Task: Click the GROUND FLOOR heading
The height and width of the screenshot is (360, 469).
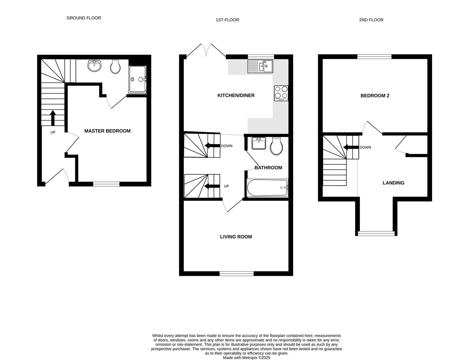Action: point(84,18)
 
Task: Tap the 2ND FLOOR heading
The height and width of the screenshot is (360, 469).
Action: point(371,20)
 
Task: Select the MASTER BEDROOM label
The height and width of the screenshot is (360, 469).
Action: point(107,131)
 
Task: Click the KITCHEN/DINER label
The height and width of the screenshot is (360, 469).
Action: point(236,96)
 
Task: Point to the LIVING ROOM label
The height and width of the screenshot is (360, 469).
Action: point(236,237)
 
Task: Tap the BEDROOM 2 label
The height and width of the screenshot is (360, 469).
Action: point(375,96)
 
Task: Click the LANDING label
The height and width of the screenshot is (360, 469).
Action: point(393,183)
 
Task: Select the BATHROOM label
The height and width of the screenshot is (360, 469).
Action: point(268,168)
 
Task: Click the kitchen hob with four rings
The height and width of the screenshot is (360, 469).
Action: point(281,93)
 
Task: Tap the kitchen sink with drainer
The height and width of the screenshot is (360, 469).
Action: point(260,66)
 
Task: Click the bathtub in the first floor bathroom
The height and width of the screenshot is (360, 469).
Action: point(267,188)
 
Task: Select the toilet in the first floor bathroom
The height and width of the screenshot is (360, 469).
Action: point(276,146)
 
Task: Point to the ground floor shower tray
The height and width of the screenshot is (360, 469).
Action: point(137,79)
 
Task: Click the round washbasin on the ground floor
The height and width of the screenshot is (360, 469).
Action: point(94,65)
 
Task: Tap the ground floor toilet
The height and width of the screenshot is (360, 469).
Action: point(115,67)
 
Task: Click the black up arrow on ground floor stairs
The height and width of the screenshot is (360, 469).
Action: point(53,118)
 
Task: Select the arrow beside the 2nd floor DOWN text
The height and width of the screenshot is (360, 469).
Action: point(350,147)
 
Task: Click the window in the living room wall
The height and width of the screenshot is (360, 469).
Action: point(237,274)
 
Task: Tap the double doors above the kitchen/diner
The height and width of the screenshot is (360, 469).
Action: point(207,50)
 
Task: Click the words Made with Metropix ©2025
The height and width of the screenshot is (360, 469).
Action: point(247,358)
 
